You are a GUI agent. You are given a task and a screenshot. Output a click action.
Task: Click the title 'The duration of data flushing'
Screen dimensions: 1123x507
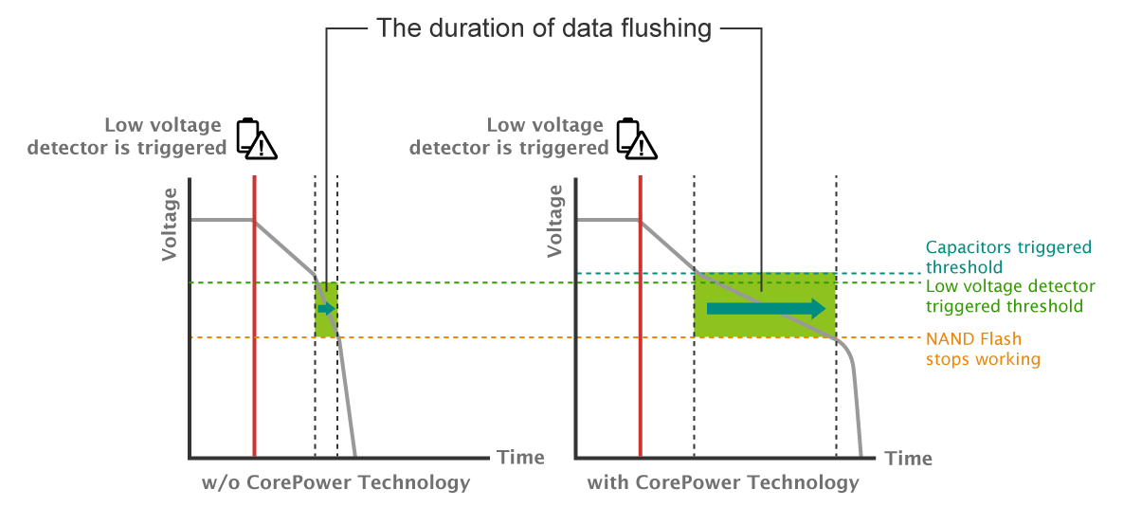pyautogui.click(x=544, y=28)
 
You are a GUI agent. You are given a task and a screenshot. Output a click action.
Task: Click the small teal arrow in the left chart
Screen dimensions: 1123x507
pyautogui.click(x=327, y=309)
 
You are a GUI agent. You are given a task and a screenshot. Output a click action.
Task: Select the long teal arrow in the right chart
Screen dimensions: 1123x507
pyautogui.click(x=766, y=309)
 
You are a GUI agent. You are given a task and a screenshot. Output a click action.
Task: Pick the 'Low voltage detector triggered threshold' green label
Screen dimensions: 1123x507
pyautogui.click(x=1010, y=296)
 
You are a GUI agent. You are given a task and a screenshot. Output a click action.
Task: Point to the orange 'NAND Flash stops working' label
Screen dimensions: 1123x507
pyautogui.click(x=983, y=348)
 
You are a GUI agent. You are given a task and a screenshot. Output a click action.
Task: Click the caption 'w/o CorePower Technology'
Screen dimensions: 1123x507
pyautogui.click(x=335, y=482)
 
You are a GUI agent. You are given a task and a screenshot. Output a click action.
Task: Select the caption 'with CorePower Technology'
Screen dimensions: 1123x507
pyautogui.click(x=723, y=482)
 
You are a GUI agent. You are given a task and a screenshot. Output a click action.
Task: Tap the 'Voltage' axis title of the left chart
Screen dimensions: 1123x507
pyautogui.click(x=169, y=225)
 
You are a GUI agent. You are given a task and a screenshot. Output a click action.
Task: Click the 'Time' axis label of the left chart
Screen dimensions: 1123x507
pyautogui.click(x=520, y=457)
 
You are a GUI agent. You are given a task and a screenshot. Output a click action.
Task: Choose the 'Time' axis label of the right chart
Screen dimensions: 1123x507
pyautogui.click(x=908, y=459)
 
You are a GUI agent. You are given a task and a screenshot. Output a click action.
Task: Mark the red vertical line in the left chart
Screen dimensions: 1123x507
pyautogui.click(x=254, y=317)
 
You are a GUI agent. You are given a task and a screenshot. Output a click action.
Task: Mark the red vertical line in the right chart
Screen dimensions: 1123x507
pyautogui.click(x=641, y=317)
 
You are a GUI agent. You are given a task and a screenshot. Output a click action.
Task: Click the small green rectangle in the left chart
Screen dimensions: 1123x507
pyautogui.click(x=326, y=310)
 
